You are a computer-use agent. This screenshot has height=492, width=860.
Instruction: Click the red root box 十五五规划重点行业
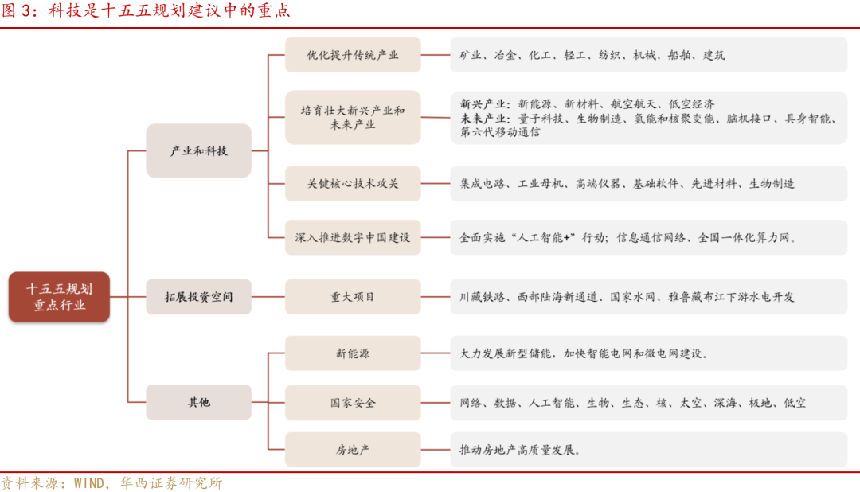(59, 297)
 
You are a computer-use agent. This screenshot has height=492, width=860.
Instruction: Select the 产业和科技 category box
(198, 150)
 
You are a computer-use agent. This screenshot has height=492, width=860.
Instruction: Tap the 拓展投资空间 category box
(198, 297)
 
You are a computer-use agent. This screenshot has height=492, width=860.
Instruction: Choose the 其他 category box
(198, 403)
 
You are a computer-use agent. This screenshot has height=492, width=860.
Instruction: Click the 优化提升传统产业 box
(353, 56)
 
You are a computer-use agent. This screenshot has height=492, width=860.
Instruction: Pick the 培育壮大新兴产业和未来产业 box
(353, 118)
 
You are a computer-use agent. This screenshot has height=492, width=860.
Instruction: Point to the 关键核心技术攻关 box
(353, 184)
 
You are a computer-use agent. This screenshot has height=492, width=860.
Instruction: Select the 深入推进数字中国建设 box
(353, 237)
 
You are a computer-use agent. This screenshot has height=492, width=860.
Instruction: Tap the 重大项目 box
(353, 297)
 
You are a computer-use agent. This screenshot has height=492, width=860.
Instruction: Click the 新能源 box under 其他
(353, 353)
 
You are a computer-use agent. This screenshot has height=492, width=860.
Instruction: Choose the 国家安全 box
(353, 403)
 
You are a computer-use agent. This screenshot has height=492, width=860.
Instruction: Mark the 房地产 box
(353, 450)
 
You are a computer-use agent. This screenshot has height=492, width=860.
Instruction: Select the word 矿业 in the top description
(471, 56)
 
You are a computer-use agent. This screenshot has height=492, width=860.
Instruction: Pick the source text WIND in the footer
(89, 483)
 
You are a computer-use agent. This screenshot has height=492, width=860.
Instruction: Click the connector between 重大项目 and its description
(435, 297)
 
